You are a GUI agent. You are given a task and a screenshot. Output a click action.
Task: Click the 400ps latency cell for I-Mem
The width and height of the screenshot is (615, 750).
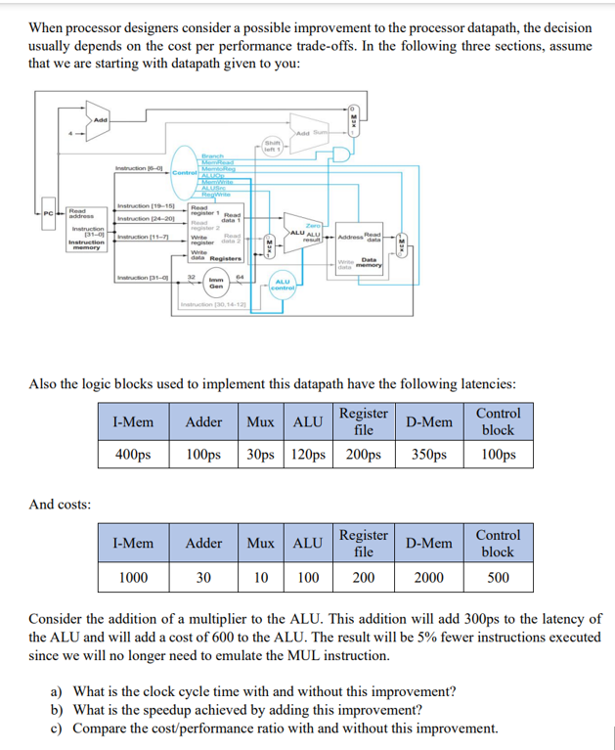(132, 455)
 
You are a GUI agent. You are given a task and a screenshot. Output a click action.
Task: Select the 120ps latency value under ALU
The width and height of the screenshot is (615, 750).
(308, 455)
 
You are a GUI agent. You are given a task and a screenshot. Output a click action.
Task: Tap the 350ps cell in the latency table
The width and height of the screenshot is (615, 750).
(429, 455)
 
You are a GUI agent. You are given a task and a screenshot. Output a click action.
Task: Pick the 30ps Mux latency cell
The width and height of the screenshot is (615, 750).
(261, 455)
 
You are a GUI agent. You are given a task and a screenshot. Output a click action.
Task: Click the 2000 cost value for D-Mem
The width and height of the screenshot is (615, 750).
(429, 577)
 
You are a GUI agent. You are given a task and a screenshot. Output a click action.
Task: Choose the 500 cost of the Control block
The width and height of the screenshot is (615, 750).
(498, 577)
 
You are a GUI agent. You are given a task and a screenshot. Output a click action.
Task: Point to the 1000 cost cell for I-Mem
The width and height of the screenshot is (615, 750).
(133, 577)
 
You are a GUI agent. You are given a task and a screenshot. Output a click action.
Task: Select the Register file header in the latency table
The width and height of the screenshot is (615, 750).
(363, 420)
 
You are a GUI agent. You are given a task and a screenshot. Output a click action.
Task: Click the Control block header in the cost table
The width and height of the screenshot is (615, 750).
(498, 543)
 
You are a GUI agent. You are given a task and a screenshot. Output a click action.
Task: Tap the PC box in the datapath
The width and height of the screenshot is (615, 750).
(47, 214)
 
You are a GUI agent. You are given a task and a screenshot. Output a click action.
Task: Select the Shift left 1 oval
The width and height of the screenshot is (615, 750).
(273, 146)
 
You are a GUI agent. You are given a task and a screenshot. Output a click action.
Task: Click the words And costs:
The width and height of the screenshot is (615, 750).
(61, 505)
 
